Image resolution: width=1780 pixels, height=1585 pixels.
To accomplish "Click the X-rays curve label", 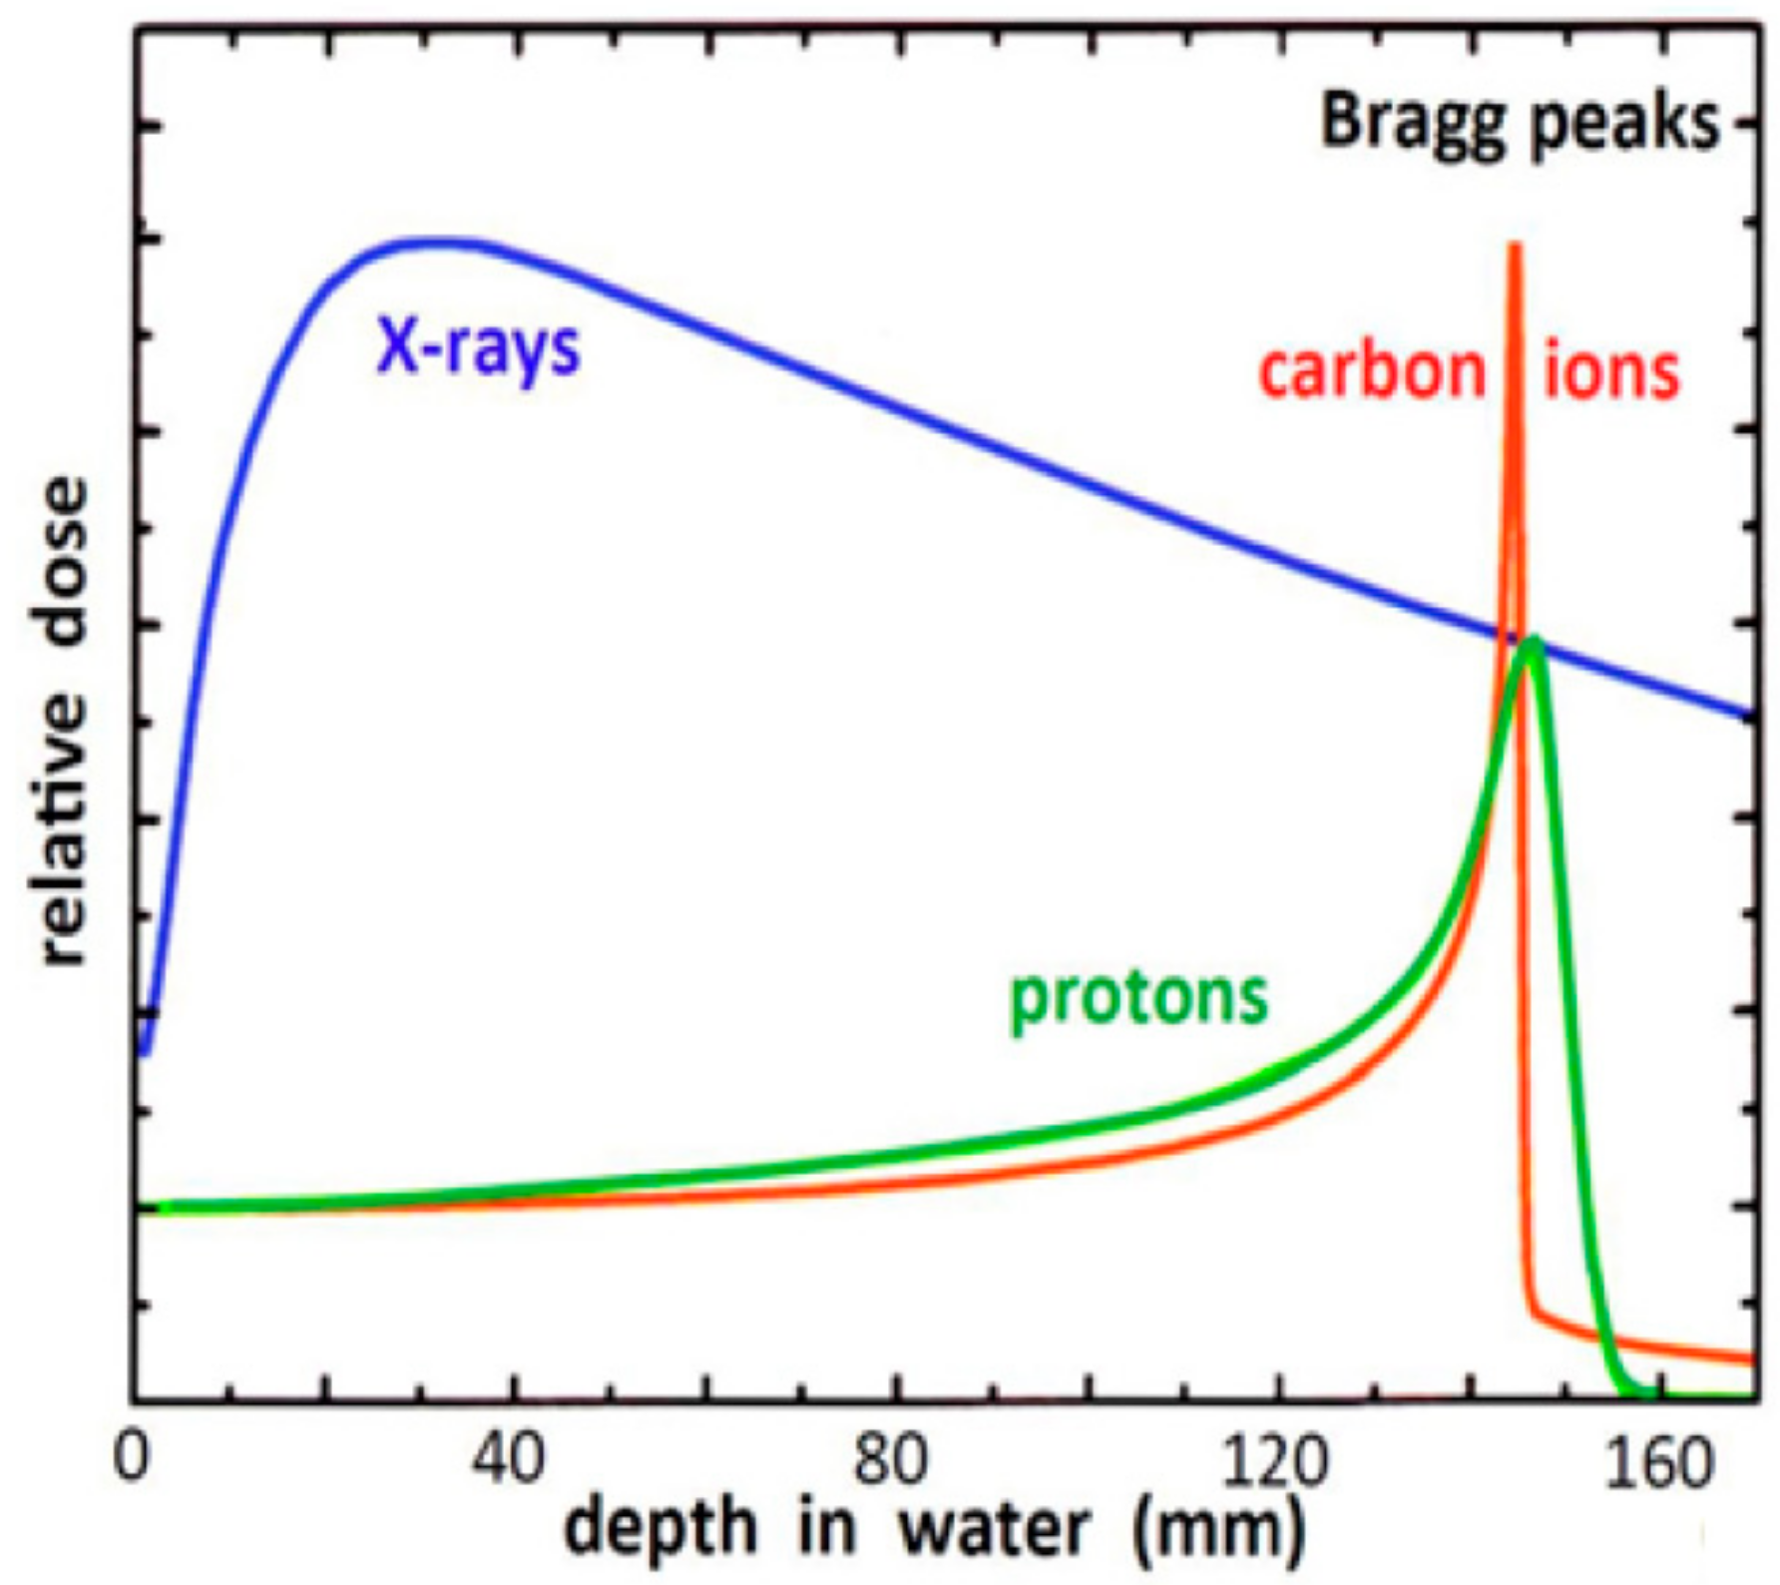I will click(x=478, y=350).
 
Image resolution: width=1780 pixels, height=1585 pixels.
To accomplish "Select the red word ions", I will click(x=1612, y=372).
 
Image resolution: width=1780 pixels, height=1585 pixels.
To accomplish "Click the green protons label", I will click(x=1138, y=999).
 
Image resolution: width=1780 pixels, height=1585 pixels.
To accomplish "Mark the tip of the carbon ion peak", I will click(x=1515, y=246).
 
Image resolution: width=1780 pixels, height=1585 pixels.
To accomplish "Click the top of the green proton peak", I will click(x=1533, y=641).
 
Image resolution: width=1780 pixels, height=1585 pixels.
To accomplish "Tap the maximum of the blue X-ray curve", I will click(x=424, y=242).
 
